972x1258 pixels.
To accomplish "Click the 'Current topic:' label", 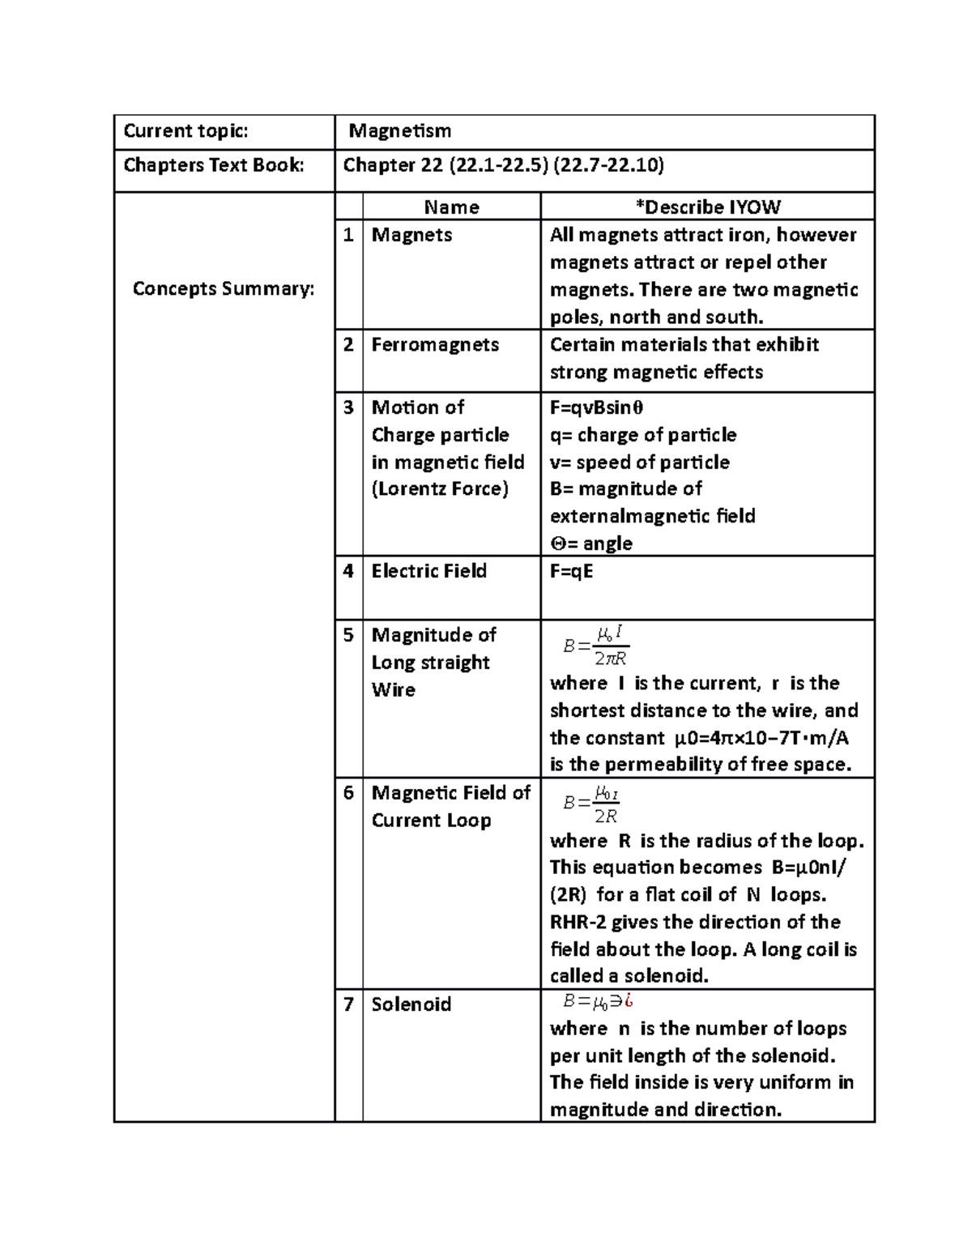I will point(185,131).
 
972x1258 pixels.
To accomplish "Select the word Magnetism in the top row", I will point(399,131).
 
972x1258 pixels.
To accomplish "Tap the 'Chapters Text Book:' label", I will point(214,165).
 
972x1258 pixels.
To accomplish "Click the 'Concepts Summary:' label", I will point(224,288).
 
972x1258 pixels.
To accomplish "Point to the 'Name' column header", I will point(451,207).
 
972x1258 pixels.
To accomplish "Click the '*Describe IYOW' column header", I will point(707,207).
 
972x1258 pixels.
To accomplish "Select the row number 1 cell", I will point(348,235).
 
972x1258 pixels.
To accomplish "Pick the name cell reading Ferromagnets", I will point(435,344).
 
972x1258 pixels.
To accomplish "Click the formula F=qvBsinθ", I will point(597,407).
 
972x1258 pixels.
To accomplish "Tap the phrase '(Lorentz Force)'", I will point(440,489).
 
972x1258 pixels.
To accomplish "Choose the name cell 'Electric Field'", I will point(429,571).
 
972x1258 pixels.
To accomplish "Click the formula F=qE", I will point(572,571).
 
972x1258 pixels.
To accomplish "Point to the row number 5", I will point(348,635).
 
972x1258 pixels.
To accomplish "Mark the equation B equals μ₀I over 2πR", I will point(597,646).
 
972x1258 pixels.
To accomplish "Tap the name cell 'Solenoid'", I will point(411,1004).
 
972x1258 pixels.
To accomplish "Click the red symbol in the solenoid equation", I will point(628,1002).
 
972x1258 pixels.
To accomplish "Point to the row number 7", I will point(348,1004).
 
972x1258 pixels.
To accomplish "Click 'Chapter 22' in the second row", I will point(393,165).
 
